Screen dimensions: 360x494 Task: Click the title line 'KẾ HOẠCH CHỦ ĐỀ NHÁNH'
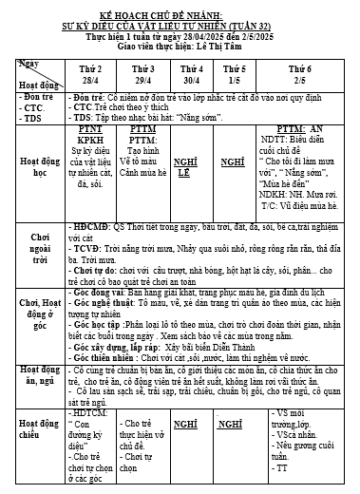[180, 8]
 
